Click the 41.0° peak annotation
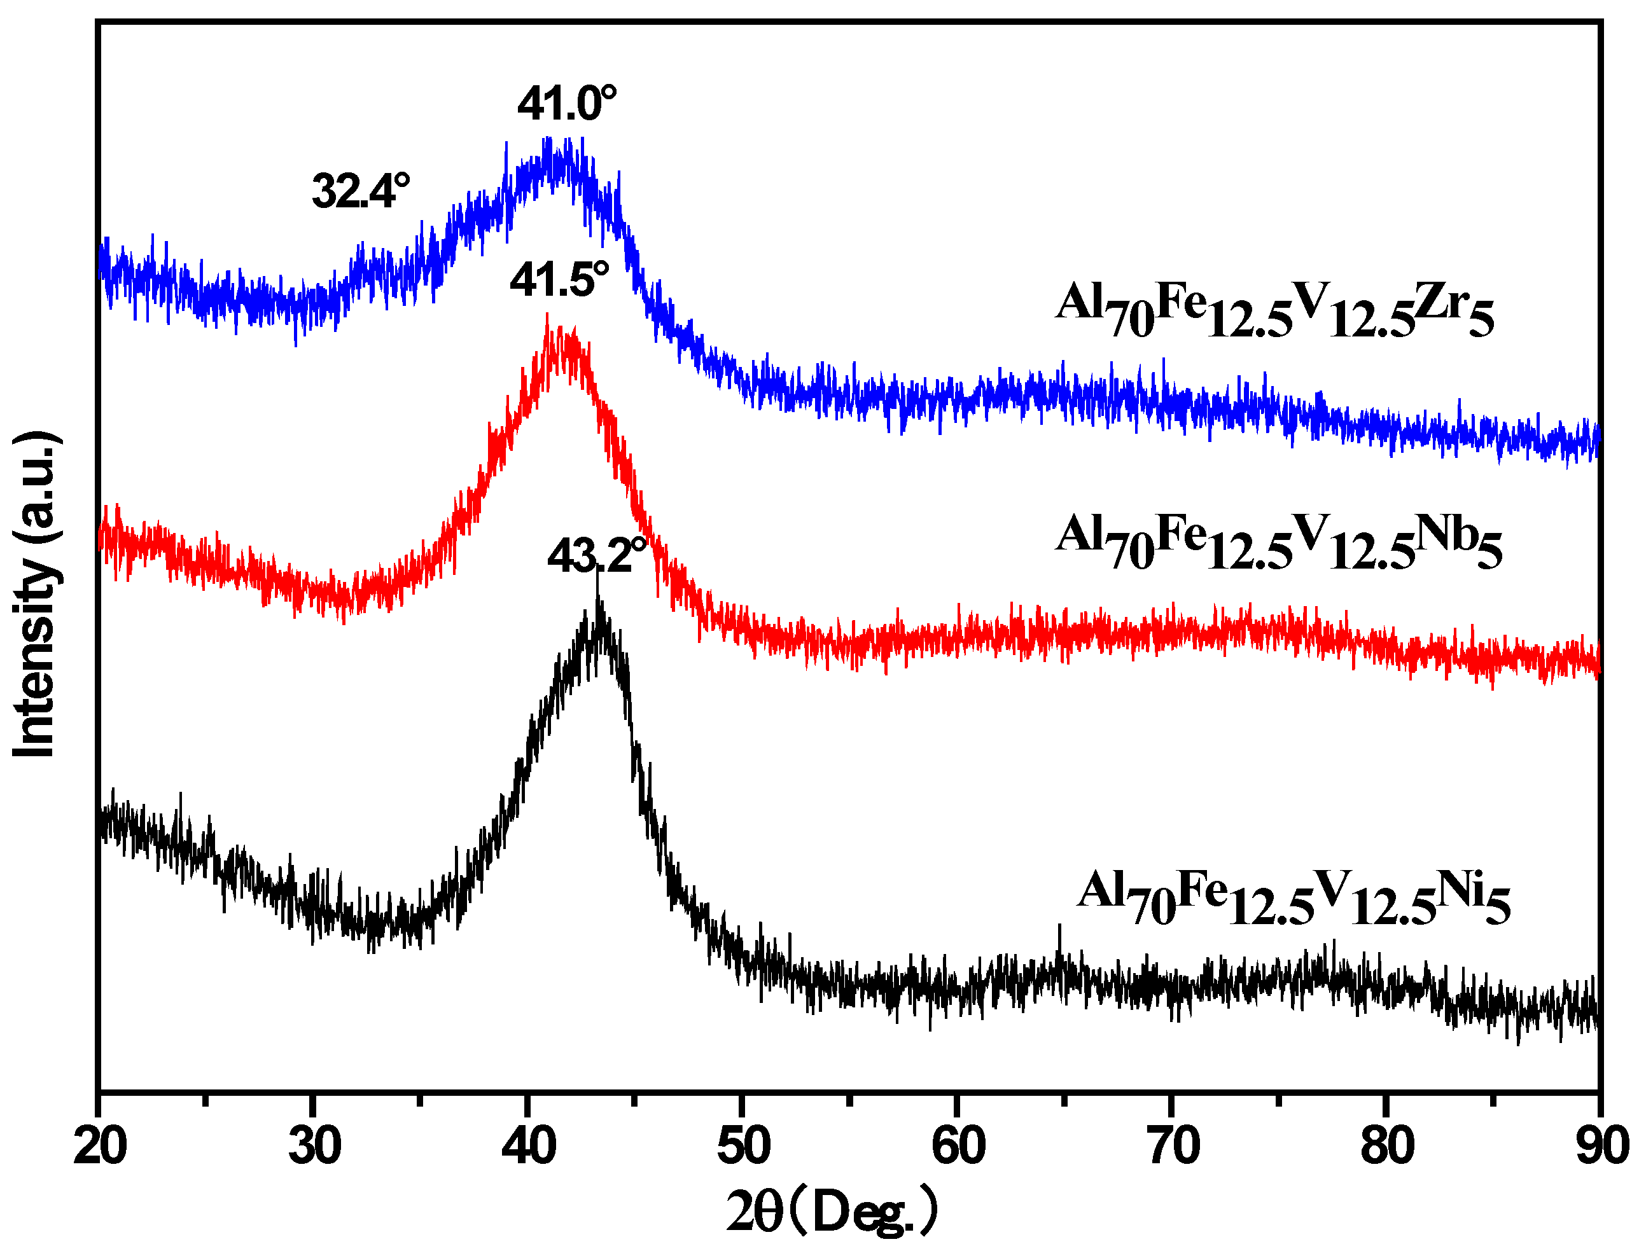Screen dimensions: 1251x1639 pos(567,104)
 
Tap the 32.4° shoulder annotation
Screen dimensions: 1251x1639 pos(361,191)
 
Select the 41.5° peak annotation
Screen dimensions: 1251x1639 pos(559,280)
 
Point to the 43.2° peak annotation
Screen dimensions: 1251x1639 pos(597,555)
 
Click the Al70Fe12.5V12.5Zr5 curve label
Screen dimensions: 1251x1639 pos(1274,309)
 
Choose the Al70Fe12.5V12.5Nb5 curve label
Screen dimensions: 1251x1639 pos(1278,541)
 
